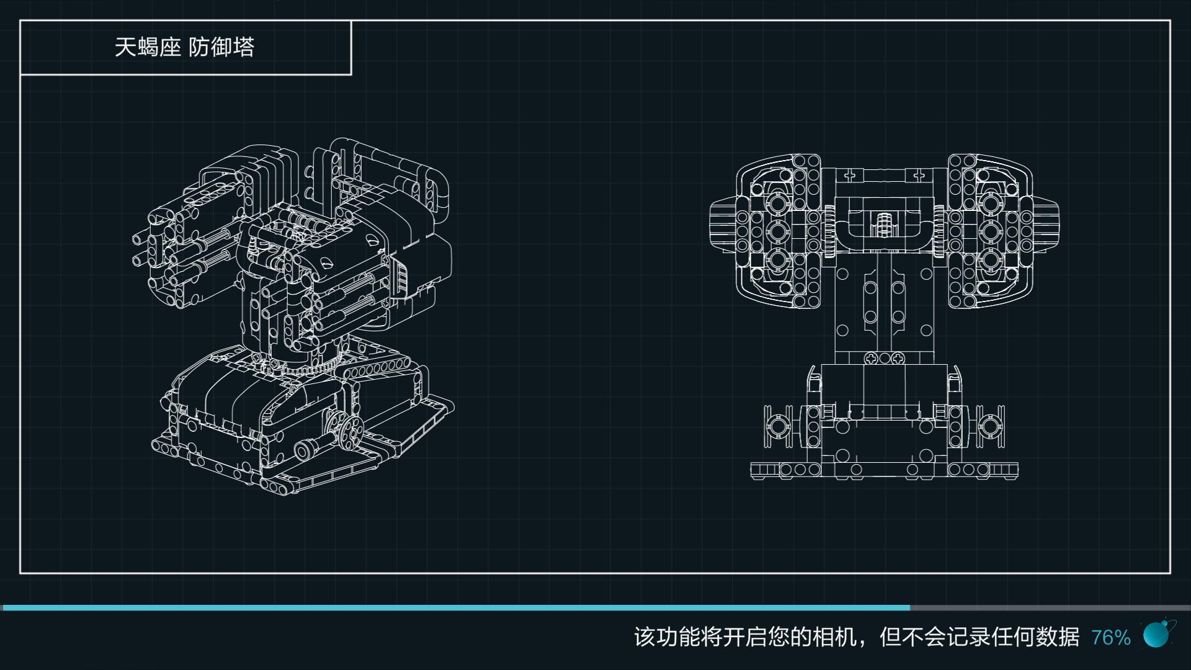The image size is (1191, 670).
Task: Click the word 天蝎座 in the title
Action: pos(147,48)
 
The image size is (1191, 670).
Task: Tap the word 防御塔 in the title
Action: pos(221,48)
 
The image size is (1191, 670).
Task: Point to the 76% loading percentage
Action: pos(1110,637)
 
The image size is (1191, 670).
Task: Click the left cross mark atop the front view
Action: pos(850,176)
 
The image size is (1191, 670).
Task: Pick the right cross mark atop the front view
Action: pos(919,176)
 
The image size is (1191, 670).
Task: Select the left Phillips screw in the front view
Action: pos(871,359)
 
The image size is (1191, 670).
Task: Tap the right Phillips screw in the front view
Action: pos(898,359)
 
